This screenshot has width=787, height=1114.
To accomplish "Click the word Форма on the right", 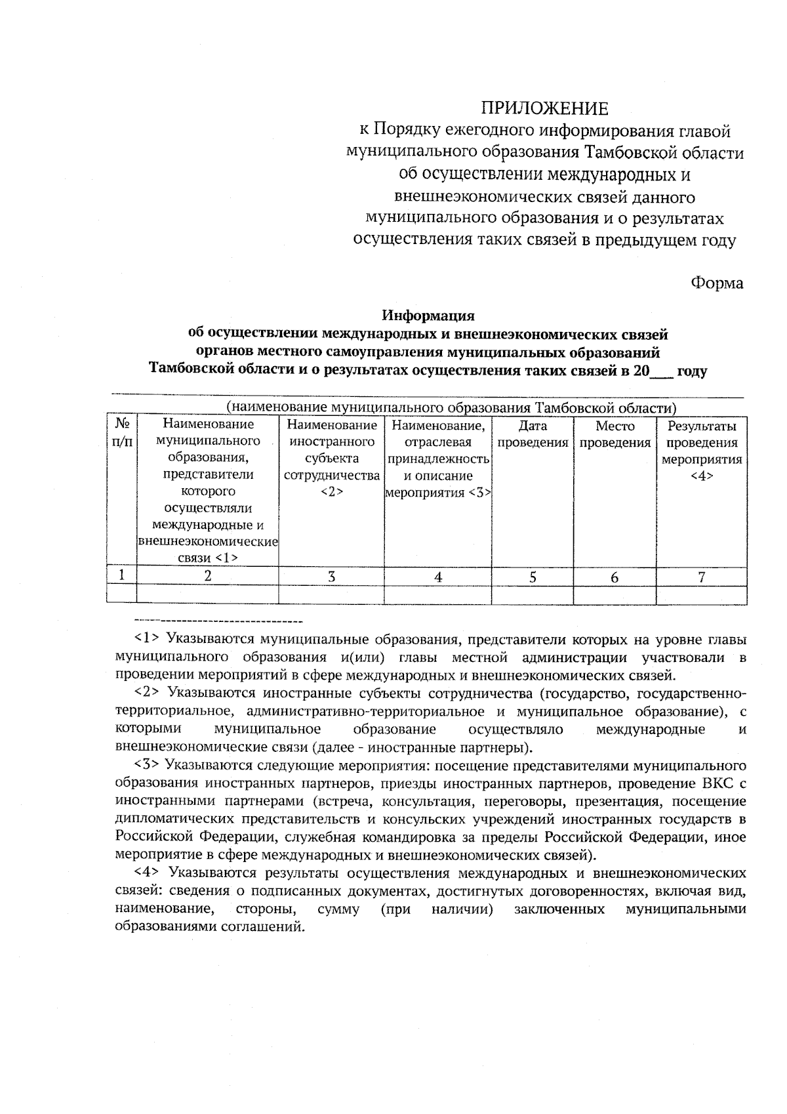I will click(x=717, y=283).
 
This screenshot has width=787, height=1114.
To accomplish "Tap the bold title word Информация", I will click(x=428, y=316).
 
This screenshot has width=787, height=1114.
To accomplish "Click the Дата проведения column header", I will click(x=532, y=434).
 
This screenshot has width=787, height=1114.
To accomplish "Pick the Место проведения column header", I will click(x=615, y=434).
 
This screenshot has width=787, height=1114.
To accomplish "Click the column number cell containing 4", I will click(x=437, y=577).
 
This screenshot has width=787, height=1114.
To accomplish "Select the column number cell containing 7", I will click(x=701, y=577).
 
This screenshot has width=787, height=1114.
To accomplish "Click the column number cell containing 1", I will click(x=122, y=575).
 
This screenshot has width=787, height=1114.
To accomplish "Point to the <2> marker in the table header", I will click(x=331, y=492).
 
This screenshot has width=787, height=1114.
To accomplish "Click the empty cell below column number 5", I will click(x=532, y=594).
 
